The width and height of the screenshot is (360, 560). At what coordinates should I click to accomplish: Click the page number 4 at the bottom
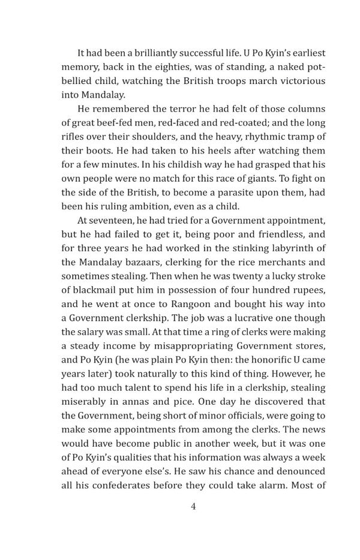point(193,506)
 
